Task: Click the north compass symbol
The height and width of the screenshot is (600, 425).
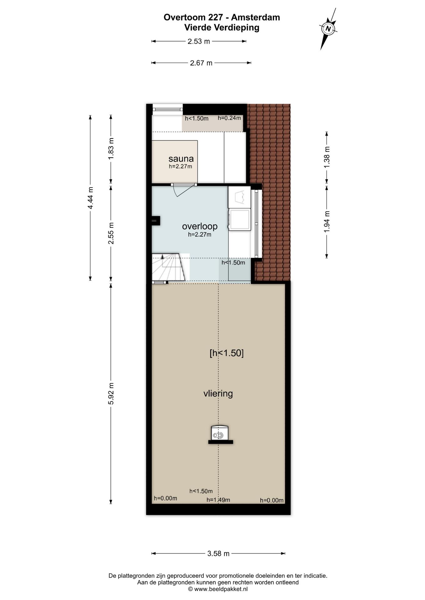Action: coord(328,29)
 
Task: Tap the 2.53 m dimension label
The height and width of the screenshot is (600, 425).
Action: coord(199,41)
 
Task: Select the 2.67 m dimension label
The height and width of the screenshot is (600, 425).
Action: coord(201,63)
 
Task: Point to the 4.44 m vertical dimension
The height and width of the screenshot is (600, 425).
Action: coord(90,198)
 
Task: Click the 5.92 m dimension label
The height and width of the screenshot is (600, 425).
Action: coord(111,393)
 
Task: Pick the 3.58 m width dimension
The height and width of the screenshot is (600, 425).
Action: coord(218,553)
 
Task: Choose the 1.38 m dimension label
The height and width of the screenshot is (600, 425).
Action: coord(327,157)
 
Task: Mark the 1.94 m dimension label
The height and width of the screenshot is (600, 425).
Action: coord(327,222)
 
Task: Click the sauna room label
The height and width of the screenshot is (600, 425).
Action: coord(181,159)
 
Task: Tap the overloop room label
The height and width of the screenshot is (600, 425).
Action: coord(200,226)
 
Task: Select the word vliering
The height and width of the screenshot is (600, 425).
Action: coord(218,393)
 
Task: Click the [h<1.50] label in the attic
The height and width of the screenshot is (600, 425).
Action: coord(227,353)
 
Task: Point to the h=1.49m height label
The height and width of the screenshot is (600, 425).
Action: coord(218,500)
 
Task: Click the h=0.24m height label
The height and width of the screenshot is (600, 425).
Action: coord(229,118)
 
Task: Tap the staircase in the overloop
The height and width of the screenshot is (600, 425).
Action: coord(169,267)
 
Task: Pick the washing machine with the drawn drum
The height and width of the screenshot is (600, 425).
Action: coord(239,197)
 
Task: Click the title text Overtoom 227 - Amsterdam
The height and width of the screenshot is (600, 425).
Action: coord(222,17)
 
